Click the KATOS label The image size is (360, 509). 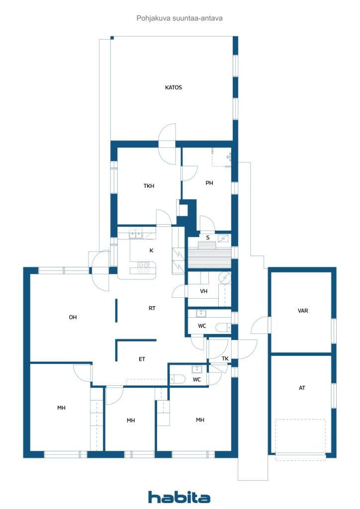pos(174,87)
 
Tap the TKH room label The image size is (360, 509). pos(149,186)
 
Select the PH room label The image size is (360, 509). pos(209,183)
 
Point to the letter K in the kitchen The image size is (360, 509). pos(151,250)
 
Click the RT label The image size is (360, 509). pos(152,308)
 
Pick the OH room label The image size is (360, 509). pos(73,317)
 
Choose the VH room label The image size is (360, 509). pos(203,292)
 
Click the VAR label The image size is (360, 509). pos(303,311)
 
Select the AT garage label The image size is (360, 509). pos(302,388)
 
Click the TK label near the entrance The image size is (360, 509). pos(225,358)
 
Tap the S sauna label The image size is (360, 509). pos(208,238)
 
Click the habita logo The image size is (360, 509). pos(179,497)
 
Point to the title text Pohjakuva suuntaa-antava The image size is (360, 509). pos(180,18)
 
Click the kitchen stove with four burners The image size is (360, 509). pos(143,267)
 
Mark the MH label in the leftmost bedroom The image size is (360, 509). pos(61,408)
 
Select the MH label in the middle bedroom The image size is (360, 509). pos(131,421)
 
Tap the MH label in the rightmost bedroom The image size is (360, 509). pos(200,420)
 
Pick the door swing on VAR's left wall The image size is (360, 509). pos(260,327)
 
